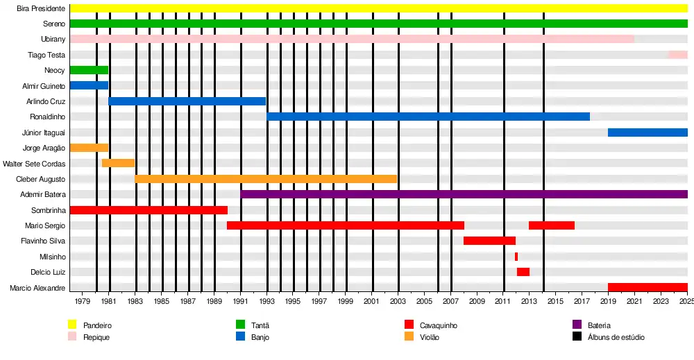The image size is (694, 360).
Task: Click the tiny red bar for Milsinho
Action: point(516,257)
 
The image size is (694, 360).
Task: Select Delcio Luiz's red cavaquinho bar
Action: point(523,272)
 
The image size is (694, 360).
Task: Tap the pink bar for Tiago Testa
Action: point(678,54)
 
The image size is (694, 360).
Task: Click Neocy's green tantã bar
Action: point(89,70)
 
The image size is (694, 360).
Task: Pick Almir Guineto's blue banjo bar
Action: point(89,85)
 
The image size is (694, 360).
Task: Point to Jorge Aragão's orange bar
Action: point(89,148)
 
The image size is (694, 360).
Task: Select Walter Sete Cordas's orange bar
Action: point(118,163)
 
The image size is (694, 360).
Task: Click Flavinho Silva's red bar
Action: point(489,241)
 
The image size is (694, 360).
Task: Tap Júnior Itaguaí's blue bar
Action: point(648,132)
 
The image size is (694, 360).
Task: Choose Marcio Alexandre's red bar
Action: point(648,287)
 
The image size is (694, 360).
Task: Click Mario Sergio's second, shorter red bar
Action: point(552,225)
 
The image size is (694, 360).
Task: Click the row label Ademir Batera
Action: point(44,195)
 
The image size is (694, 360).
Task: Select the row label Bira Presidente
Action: point(41,8)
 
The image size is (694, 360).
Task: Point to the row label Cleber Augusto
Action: point(41,179)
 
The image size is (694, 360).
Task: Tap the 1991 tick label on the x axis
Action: point(241,302)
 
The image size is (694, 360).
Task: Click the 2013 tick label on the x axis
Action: point(529,302)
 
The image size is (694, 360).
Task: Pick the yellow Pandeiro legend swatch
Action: point(71,325)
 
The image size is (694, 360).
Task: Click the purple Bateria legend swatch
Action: point(577,325)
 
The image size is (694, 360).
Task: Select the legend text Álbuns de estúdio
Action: point(616,337)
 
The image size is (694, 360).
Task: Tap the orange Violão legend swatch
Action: point(409,337)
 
